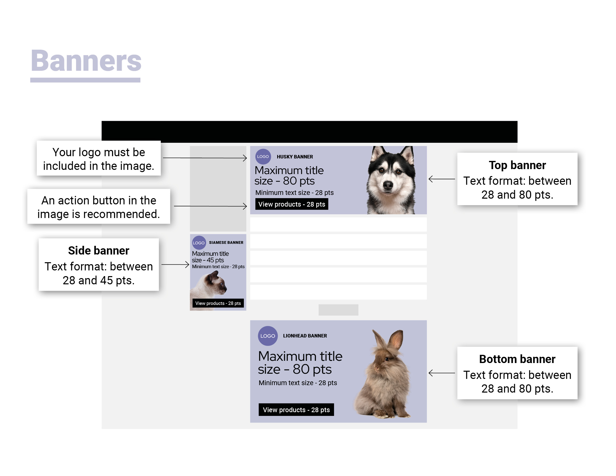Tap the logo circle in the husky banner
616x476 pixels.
click(x=263, y=156)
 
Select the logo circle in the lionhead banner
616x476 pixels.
click(x=268, y=336)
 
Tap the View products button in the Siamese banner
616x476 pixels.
click(x=218, y=303)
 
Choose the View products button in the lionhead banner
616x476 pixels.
click(x=296, y=409)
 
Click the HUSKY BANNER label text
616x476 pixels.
click(x=295, y=157)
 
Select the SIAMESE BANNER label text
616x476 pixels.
click(x=226, y=243)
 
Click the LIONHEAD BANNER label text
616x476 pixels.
click(x=305, y=336)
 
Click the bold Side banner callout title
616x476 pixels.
click(x=98, y=250)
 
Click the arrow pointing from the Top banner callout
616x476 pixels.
click(x=441, y=179)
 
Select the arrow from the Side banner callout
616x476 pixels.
click(x=175, y=264)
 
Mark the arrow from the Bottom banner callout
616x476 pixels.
click(x=441, y=373)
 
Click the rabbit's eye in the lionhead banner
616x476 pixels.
click(x=387, y=359)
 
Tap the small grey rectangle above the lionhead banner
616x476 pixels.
click(x=338, y=310)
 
